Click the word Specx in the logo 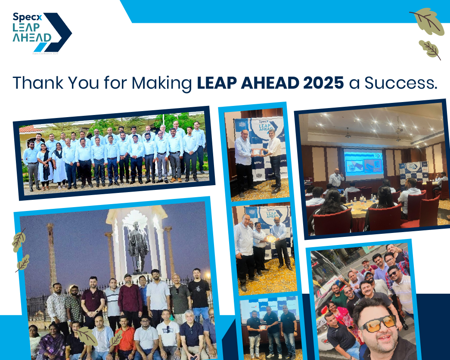27,18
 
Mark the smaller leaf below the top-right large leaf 429,49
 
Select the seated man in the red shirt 126,337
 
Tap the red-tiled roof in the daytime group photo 30,129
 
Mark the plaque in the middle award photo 270,238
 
